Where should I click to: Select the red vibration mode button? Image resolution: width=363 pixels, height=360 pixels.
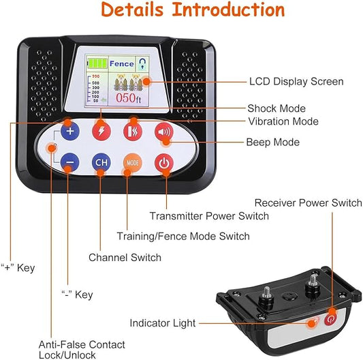click(x=132, y=131)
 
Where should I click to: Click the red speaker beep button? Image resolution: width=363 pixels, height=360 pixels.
click(x=163, y=131)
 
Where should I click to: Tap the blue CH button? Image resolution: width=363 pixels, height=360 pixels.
click(x=101, y=162)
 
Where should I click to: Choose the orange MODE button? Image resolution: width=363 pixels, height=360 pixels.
click(x=132, y=162)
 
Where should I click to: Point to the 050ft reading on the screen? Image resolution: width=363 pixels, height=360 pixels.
click(x=128, y=98)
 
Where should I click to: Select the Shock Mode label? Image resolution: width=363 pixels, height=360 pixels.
click(x=276, y=108)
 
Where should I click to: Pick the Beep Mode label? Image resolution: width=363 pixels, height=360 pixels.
click(x=272, y=142)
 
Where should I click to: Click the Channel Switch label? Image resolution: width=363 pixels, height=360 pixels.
click(x=125, y=258)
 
